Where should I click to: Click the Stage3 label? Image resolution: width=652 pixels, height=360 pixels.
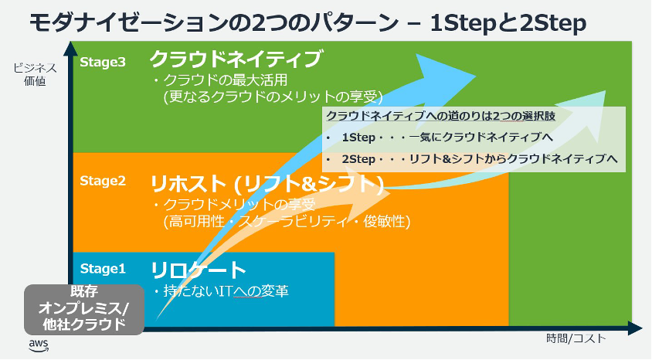(103, 63)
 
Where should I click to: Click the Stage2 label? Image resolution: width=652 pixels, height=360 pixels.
(103, 181)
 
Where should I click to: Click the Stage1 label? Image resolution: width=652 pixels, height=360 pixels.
(103, 269)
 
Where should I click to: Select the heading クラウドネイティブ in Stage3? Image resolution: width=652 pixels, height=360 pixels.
(236, 59)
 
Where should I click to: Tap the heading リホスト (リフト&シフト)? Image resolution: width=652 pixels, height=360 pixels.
(267, 184)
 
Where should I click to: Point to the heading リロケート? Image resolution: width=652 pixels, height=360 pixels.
(199, 270)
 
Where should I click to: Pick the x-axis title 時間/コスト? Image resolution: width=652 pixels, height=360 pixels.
(576, 338)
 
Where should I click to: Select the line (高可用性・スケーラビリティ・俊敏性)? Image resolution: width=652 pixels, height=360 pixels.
(286, 222)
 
